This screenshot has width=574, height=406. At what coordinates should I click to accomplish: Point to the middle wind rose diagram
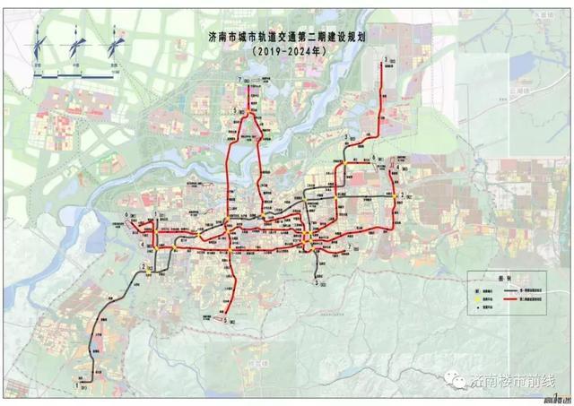(x=78, y=46)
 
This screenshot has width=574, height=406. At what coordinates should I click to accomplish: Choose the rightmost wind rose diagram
(x=115, y=46)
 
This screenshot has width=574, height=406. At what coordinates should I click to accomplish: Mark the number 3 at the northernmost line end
(x=385, y=60)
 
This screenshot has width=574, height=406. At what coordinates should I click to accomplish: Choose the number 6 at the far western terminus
(x=128, y=216)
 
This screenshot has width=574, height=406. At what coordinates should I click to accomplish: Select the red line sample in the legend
(x=510, y=300)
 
